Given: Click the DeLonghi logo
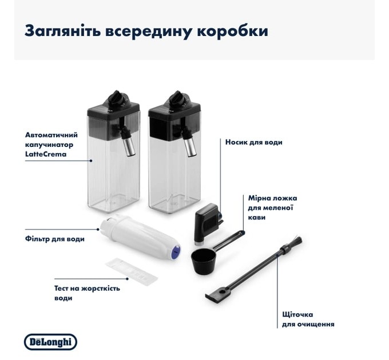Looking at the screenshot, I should (50, 342).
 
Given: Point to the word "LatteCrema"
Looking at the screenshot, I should (46, 154).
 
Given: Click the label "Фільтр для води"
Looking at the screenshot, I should (55, 238).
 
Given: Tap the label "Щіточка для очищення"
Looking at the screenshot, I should (308, 319).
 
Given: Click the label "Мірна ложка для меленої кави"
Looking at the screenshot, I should (272, 207).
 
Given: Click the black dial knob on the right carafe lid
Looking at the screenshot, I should (174, 97).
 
